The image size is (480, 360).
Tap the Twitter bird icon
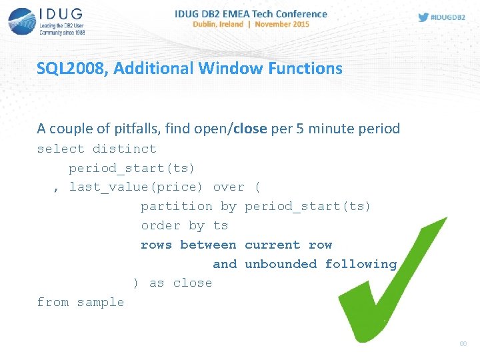coord(423,17)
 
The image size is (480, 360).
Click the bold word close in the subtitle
coord(251,128)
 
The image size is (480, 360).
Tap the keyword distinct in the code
coord(124,149)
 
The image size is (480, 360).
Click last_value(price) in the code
coord(137,187)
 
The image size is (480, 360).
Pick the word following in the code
coord(361,264)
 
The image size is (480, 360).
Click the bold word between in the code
coord(208,245)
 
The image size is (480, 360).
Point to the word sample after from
coord(100,303)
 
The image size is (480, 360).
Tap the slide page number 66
coord(463,344)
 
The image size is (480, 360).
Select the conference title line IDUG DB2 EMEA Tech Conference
coord(251,13)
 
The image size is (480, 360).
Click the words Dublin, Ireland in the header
coord(218,24)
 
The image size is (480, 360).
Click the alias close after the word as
coord(192,283)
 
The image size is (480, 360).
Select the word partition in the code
coord(176,207)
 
